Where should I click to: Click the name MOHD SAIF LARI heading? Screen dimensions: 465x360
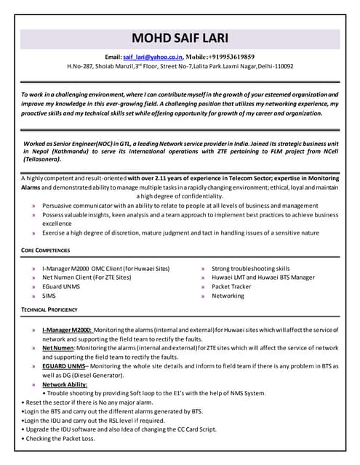tap(179, 39)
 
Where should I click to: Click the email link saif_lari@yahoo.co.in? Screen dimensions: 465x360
tap(153, 57)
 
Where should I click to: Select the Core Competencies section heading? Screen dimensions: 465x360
tap(45, 251)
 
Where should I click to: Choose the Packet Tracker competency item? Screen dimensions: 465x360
tap(232, 287)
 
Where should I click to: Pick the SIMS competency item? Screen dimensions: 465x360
tap(49, 296)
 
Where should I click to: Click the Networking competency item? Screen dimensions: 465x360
tap(228, 296)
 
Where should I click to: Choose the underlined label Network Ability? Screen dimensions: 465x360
tap(68, 384)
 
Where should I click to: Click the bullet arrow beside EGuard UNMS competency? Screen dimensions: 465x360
tap(34, 287)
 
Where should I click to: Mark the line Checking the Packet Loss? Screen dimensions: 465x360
tap(60, 439)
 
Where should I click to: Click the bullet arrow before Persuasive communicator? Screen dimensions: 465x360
tap(34, 206)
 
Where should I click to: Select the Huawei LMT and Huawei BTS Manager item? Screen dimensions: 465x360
tap(263, 278)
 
